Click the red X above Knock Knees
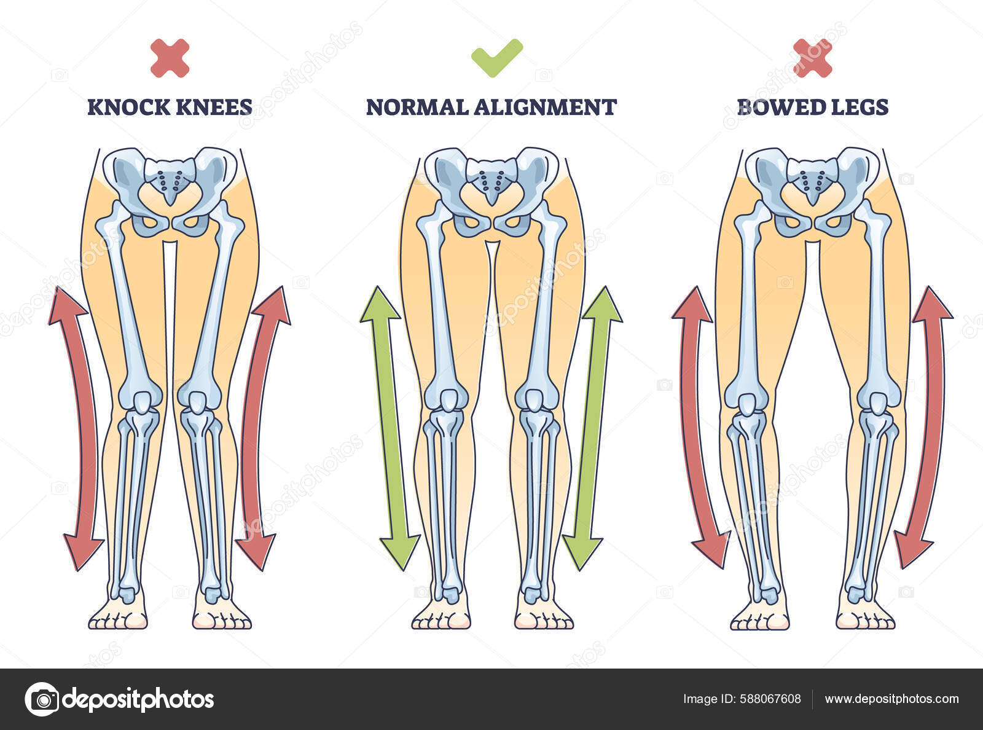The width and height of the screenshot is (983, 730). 170,58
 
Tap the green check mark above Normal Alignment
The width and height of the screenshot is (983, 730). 496,58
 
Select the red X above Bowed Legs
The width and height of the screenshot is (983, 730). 812,58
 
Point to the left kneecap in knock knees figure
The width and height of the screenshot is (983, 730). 143,402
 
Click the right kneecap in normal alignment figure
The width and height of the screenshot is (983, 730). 533,402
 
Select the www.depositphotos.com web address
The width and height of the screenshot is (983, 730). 891,699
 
